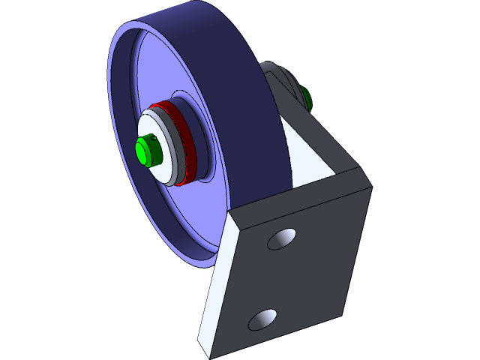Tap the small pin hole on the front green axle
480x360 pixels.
[x=154, y=138]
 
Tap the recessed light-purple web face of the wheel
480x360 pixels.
[x=172, y=217]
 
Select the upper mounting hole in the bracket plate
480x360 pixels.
[x=283, y=238]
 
